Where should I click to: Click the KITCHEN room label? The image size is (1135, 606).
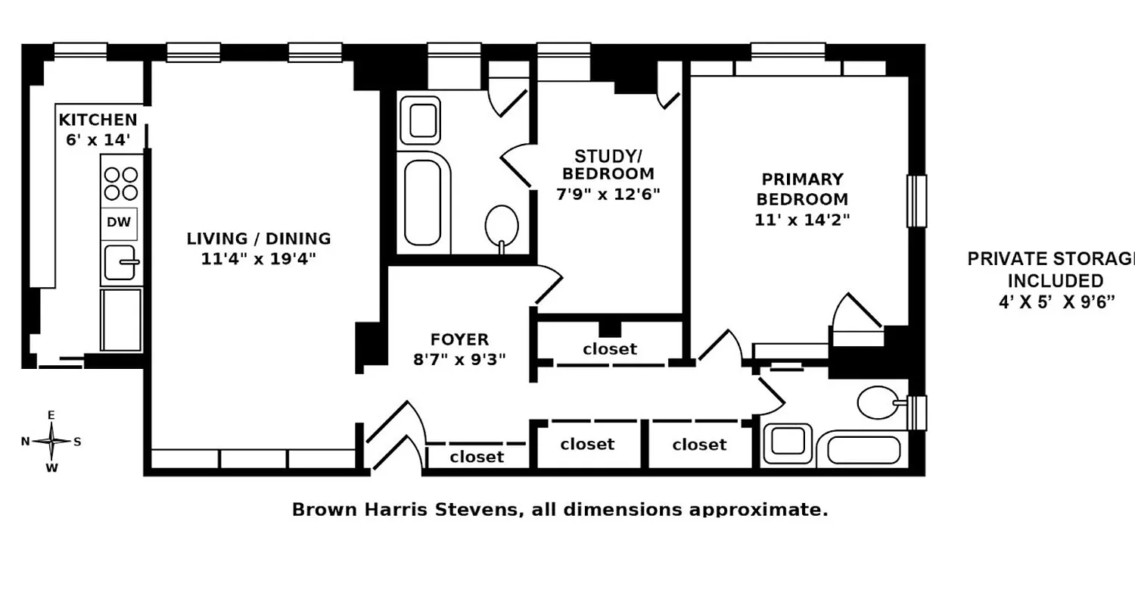tap(98, 120)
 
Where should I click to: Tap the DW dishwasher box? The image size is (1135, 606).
tap(120, 223)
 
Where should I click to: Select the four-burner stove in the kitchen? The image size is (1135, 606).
tap(120, 183)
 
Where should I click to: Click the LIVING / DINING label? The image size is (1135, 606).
tap(259, 239)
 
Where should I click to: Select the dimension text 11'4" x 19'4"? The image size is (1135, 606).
tap(259, 258)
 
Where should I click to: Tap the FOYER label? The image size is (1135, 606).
tap(460, 339)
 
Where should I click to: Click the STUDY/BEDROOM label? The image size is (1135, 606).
tap(608, 165)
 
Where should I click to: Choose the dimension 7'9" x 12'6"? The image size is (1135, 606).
tap(608, 193)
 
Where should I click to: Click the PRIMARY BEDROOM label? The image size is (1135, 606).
tap(802, 189)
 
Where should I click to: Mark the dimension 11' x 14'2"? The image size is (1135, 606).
tap(802, 220)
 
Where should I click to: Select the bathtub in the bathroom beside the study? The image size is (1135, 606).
tap(423, 201)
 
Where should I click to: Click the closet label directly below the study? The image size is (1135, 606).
tap(610, 349)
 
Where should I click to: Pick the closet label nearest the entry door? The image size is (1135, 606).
tap(477, 457)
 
